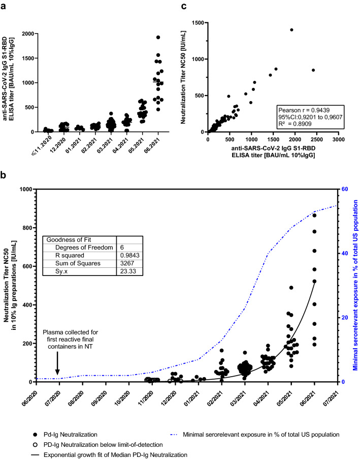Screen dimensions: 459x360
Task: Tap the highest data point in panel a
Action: tap(158, 37)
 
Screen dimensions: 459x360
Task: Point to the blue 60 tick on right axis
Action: tap(344, 190)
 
